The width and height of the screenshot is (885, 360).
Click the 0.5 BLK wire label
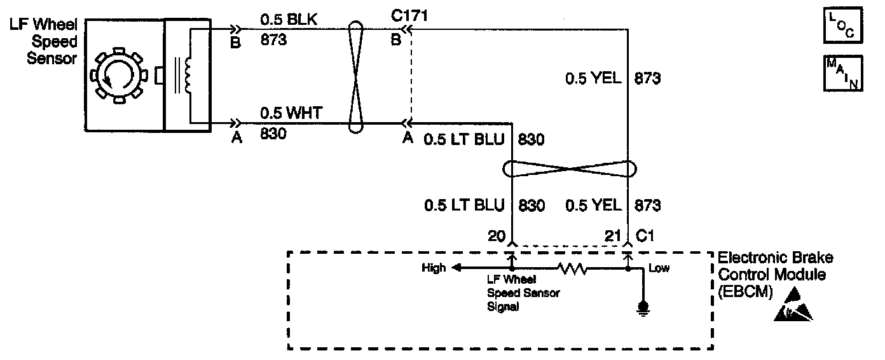285,20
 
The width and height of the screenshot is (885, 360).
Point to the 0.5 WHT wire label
286,113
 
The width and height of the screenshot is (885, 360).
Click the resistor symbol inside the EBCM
572,269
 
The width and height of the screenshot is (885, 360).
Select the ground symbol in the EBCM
643,309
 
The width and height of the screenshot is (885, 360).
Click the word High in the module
434,268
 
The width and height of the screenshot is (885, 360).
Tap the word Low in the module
659,268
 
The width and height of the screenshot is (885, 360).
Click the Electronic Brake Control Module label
775,275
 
